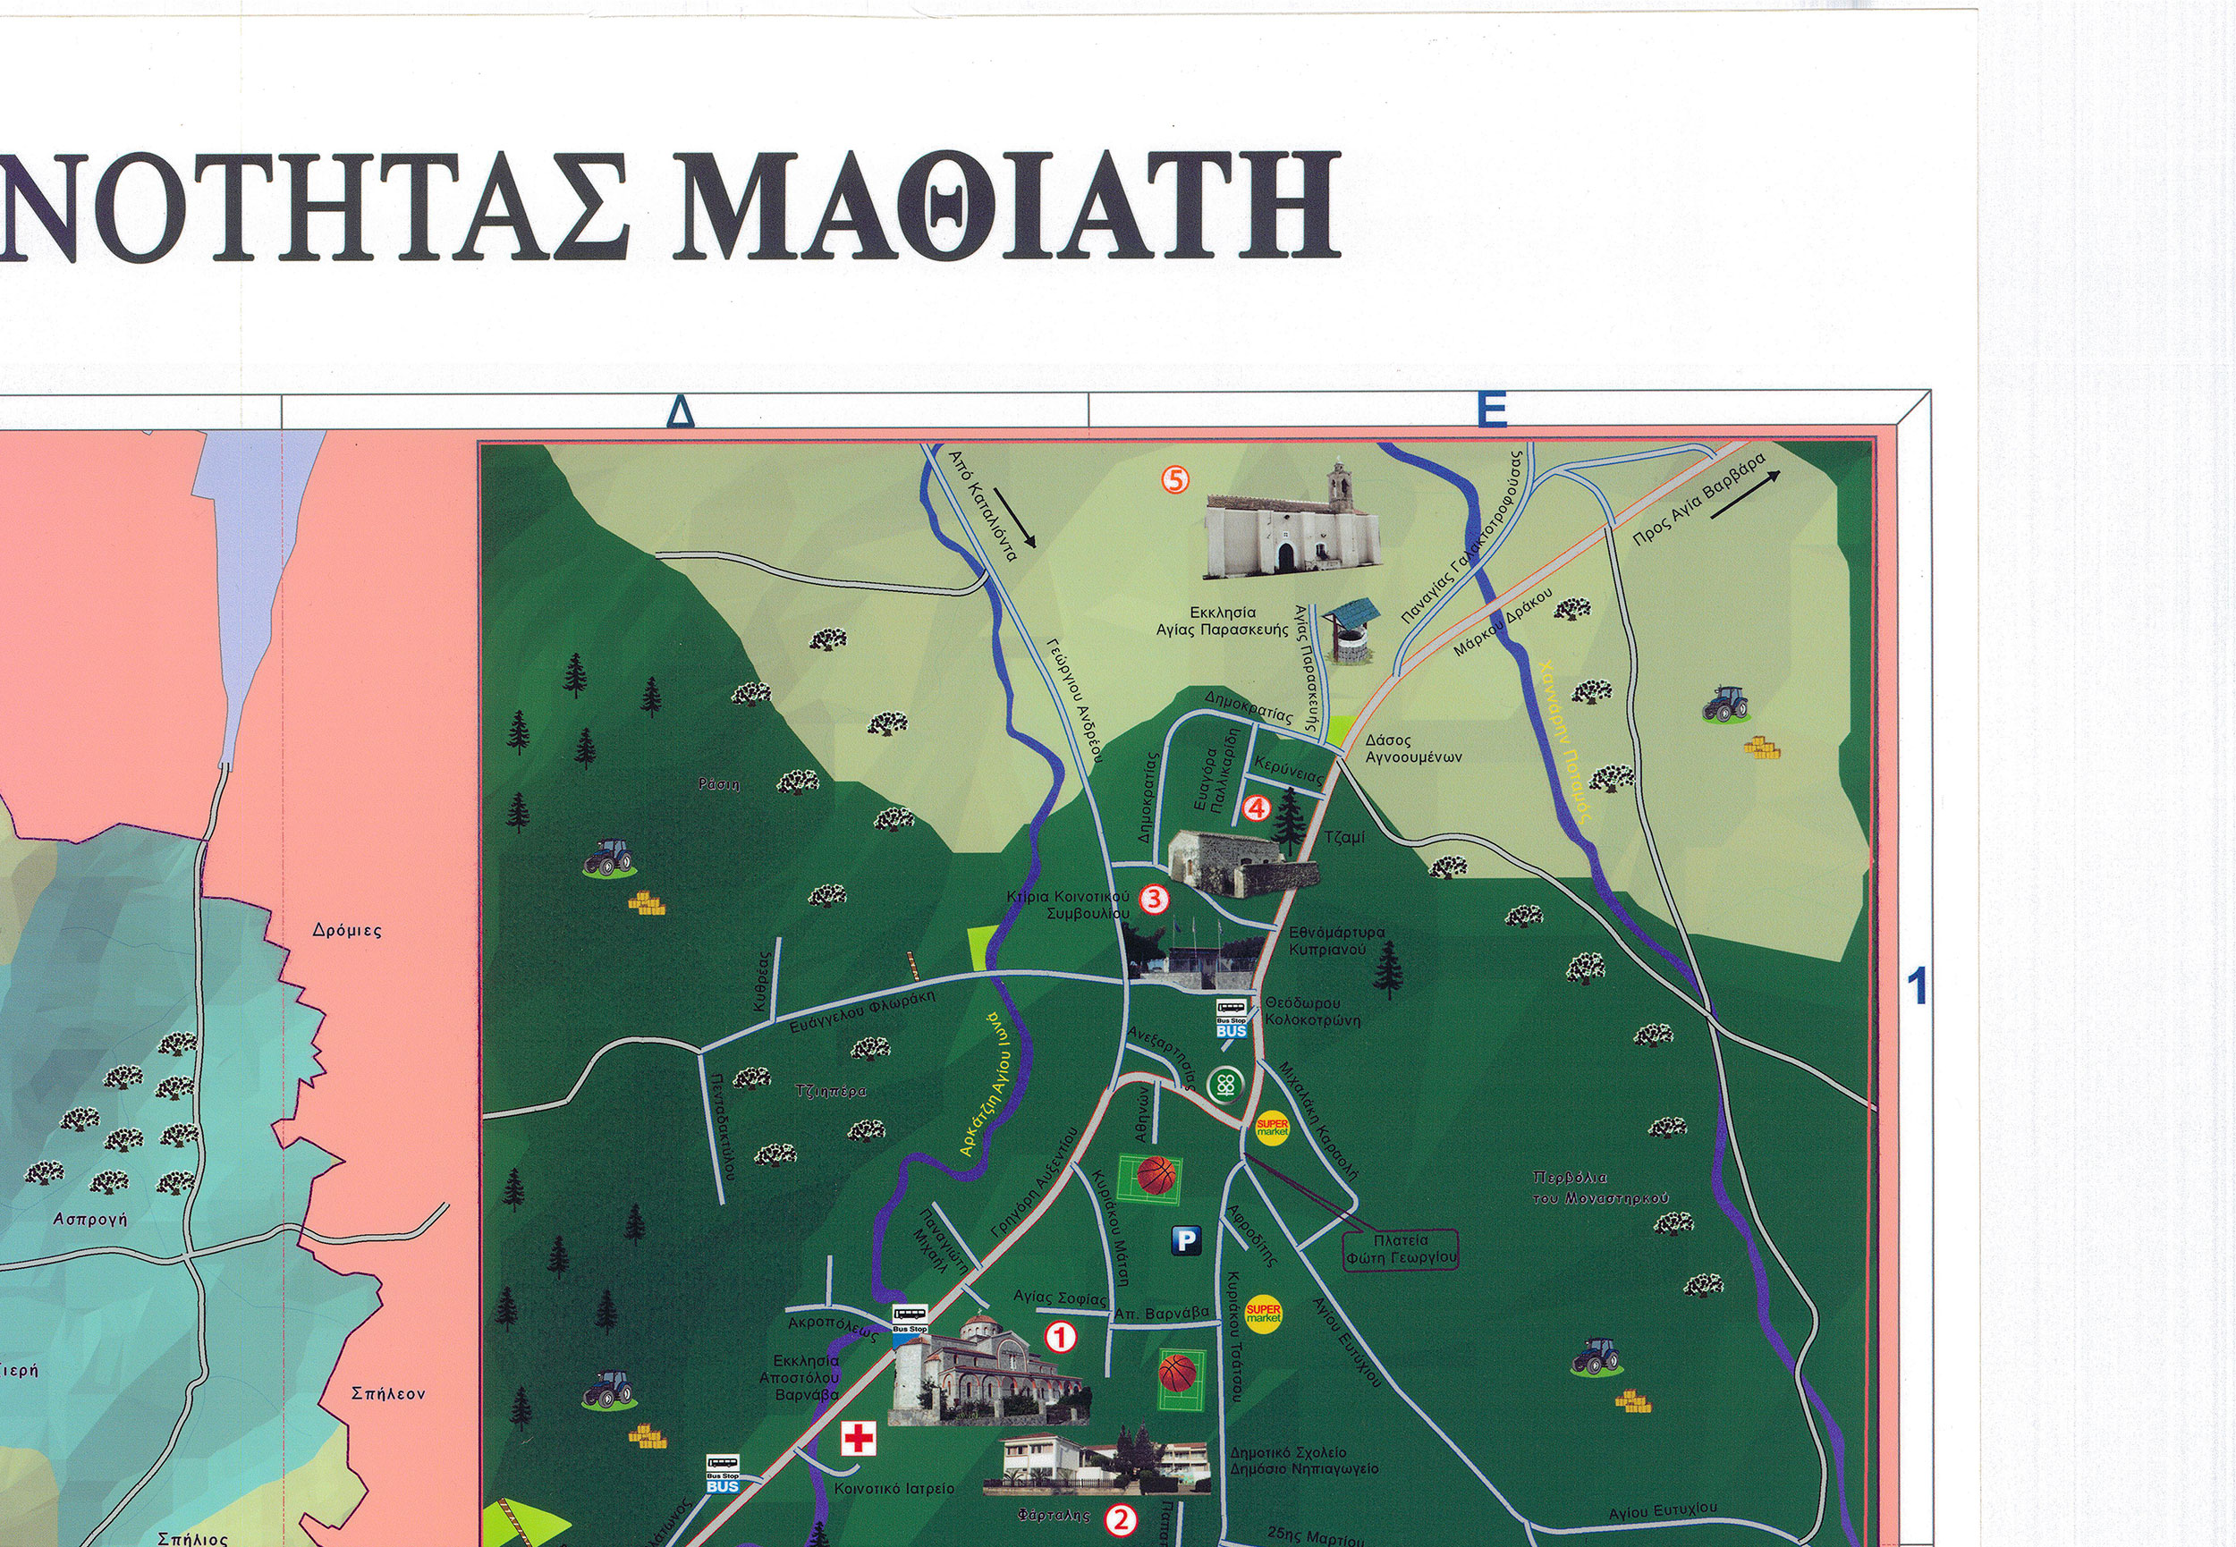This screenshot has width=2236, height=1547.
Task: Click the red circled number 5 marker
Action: click(x=1174, y=478)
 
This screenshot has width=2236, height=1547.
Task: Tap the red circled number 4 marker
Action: click(x=1256, y=807)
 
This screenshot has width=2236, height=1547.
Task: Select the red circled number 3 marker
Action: click(x=1154, y=899)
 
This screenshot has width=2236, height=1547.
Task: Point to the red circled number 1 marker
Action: click(x=1061, y=1338)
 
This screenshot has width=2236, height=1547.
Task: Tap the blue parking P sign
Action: click(x=1186, y=1239)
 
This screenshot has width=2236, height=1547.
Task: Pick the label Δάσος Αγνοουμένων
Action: click(x=1412, y=748)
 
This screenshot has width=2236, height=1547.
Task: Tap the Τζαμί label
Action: click(x=1344, y=836)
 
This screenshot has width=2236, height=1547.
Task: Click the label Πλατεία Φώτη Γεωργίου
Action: click(x=1401, y=1248)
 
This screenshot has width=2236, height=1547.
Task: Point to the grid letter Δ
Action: click(x=682, y=412)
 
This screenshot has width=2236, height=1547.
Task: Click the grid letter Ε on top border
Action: click(x=1492, y=410)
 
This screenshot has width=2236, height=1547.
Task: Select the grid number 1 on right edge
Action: click(x=1916, y=988)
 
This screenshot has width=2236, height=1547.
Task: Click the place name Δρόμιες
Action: click(x=347, y=931)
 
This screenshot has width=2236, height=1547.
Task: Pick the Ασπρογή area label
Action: click(x=90, y=1220)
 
